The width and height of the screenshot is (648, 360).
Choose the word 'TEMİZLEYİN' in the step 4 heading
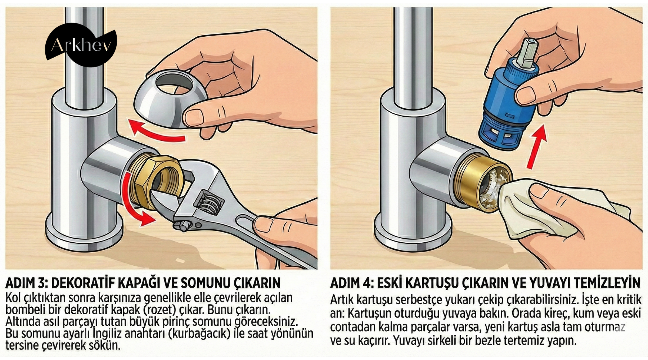[x=607, y=283]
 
